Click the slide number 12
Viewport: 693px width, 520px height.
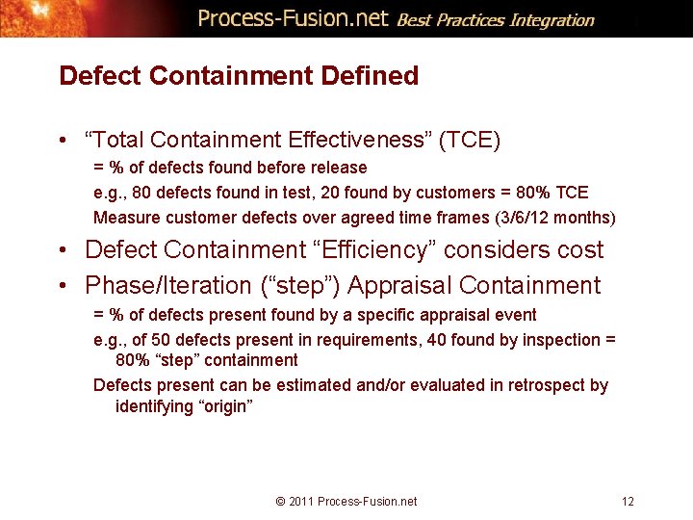pos(628,501)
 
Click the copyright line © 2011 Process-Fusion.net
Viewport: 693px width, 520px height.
pos(346,501)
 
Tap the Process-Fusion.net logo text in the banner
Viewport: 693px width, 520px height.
pos(293,18)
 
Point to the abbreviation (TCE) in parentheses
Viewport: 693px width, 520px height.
pos(470,141)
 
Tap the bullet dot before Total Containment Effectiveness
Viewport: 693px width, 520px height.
pos(62,141)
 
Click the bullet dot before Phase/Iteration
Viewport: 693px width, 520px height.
pos(62,286)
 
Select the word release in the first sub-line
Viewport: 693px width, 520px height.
pos(335,168)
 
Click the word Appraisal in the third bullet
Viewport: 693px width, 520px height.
pos(403,286)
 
